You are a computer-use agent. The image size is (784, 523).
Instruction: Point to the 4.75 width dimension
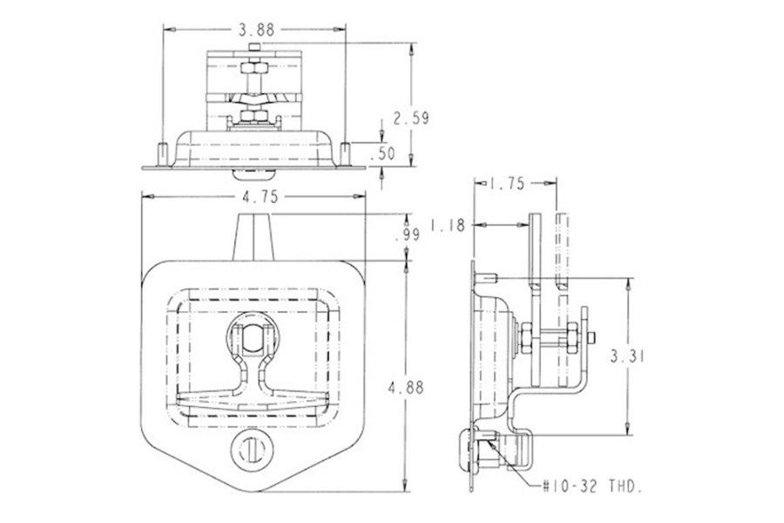click(258, 198)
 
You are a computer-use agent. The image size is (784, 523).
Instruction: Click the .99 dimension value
click(406, 236)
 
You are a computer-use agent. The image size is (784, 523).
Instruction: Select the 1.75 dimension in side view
click(506, 183)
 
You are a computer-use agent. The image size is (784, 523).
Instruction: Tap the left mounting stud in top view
click(160, 154)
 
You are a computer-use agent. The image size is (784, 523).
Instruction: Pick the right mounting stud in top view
click(346, 154)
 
